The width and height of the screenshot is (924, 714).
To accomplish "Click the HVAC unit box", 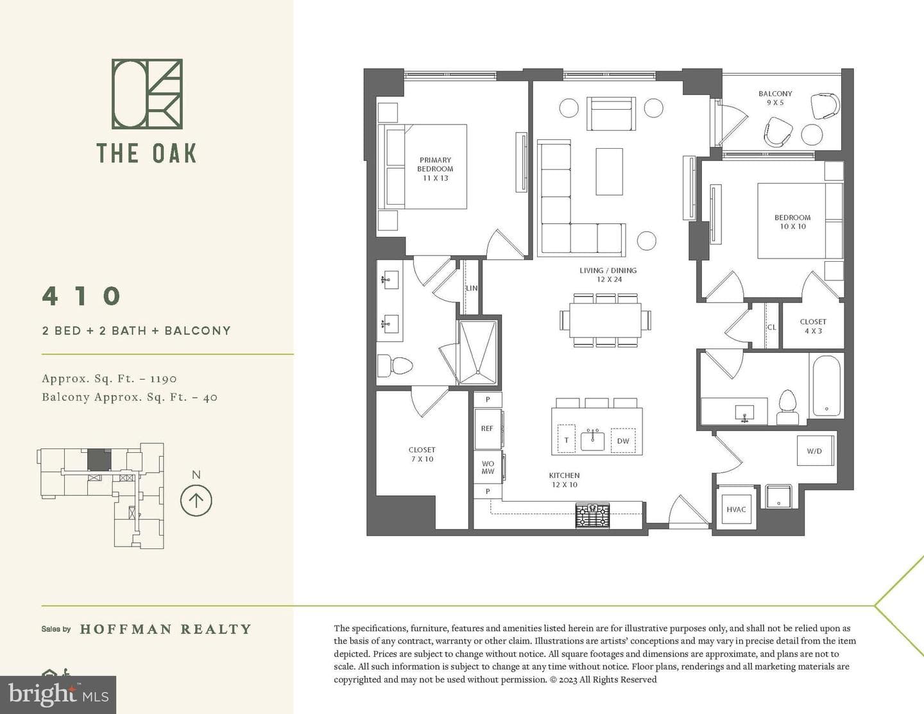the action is coord(736,509).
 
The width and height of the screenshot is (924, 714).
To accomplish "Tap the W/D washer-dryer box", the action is coord(815,450).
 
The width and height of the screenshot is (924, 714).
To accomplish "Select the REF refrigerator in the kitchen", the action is coord(487,429).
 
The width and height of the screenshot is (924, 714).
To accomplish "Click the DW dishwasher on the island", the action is coord(623,441).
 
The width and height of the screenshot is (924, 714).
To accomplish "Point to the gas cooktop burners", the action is coord(592,516).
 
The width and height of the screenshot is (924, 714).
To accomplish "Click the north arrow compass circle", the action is coord(196,500).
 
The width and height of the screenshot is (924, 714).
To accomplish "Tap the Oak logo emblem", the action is coord(147,94).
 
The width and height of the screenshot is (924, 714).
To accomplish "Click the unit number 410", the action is coord(81,296).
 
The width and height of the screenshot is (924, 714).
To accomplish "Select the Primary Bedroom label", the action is coord(435,169).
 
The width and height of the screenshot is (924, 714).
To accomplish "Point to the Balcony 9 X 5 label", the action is coord(775,98).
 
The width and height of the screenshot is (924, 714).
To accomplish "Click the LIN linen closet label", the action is coord(472,288).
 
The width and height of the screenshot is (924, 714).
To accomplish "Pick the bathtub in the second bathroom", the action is coord(826,386).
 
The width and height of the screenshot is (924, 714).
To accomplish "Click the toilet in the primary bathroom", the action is coord(395,365).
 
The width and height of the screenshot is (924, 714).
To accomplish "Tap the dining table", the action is coord(606,320).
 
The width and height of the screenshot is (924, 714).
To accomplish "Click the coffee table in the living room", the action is coord(610,172).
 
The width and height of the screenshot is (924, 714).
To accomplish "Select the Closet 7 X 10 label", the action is coord(422,454).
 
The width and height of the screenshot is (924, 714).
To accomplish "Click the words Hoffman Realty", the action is coord(166,629).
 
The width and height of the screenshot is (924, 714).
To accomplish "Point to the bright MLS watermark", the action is coord(58,695).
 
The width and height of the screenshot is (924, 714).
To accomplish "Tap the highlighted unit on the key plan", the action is coord(99,460).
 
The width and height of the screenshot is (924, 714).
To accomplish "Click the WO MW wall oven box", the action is coord(488,468).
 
